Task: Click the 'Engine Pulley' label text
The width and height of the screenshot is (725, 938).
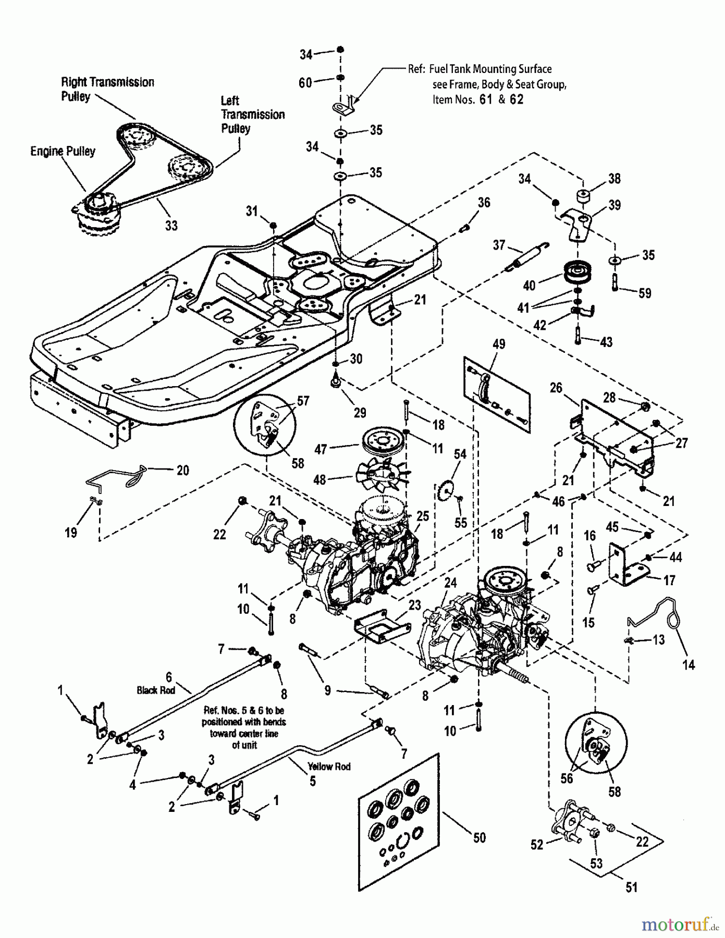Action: (x=63, y=151)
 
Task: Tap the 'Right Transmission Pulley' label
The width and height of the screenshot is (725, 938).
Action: (x=107, y=89)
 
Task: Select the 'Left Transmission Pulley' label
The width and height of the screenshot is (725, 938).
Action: (x=252, y=115)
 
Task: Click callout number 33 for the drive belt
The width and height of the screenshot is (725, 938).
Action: (x=171, y=225)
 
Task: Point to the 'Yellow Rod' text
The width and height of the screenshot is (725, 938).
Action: (x=329, y=767)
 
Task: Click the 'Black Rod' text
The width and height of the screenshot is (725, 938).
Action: (x=156, y=690)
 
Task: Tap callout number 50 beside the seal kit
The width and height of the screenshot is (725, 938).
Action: (x=479, y=837)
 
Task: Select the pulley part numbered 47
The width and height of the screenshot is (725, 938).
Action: (x=386, y=442)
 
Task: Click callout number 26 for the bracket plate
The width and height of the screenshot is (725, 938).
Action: (x=556, y=388)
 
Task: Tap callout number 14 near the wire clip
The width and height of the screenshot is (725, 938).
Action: (x=689, y=664)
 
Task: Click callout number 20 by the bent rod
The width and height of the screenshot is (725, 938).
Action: (x=182, y=470)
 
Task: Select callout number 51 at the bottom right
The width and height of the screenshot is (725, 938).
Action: (x=631, y=887)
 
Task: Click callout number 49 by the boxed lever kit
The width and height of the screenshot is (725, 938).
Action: (x=499, y=344)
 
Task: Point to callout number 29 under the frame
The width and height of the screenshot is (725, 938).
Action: (x=360, y=413)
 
